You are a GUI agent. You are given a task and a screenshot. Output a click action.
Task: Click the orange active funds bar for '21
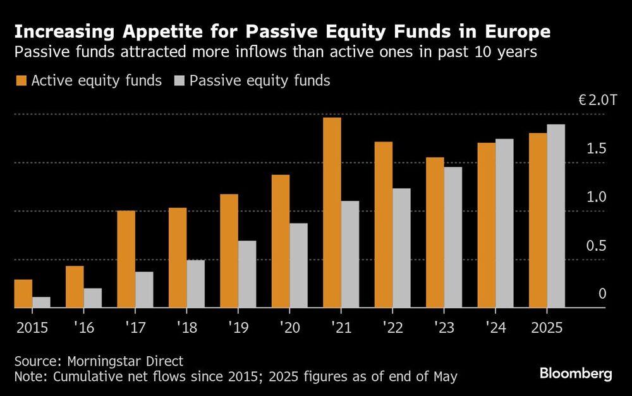click(332, 213)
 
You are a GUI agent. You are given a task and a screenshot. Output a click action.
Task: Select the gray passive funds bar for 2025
click(556, 216)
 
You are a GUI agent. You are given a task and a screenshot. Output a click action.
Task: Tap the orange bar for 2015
click(23, 294)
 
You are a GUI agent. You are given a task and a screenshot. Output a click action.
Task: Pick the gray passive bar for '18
click(195, 284)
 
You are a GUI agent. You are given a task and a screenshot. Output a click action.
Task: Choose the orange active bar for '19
click(229, 251)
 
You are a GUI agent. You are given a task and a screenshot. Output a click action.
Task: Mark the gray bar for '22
click(401, 248)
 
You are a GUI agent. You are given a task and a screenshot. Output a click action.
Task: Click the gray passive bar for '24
click(504, 224)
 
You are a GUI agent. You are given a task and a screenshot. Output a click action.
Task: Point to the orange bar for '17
click(126, 259)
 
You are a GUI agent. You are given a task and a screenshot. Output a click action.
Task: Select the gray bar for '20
click(298, 265)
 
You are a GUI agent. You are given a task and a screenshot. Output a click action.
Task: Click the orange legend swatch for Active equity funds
click(21, 81)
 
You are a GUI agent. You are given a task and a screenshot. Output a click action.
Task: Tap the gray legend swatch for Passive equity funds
click(179, 81)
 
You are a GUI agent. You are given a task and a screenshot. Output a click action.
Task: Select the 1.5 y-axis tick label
click(597, 149)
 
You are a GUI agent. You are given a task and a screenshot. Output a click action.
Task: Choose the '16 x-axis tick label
click(83, 328)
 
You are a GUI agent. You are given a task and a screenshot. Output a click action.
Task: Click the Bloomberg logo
click(575, 374)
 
